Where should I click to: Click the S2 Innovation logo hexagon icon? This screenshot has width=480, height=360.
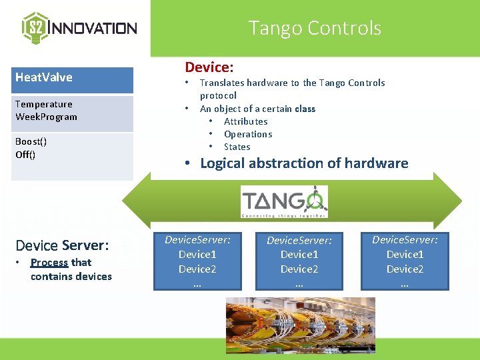35,27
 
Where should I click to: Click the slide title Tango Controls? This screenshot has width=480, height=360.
315,28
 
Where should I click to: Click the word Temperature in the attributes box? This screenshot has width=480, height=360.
44,104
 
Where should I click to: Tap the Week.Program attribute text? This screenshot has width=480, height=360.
46,117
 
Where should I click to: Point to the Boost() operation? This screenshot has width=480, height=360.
31,141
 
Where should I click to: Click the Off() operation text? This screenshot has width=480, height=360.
25,155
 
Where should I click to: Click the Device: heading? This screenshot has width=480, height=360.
209,67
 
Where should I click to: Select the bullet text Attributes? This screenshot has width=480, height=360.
245,121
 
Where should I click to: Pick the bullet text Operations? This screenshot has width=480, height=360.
248,134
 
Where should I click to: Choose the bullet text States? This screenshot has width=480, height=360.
237,147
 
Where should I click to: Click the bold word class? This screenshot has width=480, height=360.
305,109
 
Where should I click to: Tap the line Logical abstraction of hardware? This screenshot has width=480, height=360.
304,163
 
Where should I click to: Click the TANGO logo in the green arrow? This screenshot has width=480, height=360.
284,201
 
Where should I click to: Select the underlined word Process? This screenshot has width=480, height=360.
49,263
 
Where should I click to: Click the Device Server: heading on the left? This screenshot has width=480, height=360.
61,245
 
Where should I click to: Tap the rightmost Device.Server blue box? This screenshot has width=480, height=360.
405,261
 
